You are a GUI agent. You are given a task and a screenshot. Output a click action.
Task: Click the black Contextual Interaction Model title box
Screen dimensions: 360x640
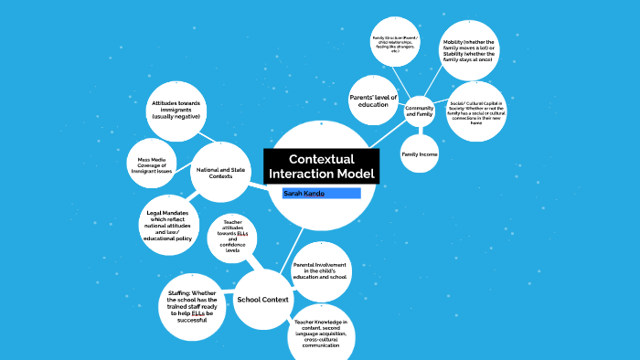320,166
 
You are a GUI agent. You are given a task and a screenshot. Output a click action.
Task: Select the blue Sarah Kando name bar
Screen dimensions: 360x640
321,194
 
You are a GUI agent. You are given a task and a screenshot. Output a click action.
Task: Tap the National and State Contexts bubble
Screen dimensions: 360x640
221,171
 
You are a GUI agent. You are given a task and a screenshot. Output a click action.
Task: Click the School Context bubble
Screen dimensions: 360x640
262,300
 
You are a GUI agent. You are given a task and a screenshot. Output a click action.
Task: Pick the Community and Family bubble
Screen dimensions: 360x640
420,111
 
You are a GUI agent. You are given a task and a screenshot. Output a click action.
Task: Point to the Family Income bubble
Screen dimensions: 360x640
420,154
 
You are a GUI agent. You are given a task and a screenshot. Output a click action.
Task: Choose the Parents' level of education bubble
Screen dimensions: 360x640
374,100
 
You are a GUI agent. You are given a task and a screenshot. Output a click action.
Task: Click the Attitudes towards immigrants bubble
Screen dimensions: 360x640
176,110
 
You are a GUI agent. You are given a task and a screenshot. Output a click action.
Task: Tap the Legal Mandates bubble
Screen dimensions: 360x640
166,224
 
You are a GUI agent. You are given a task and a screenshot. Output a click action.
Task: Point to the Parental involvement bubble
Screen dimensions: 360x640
319,271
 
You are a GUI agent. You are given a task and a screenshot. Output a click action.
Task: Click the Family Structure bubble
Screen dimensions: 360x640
392,44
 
